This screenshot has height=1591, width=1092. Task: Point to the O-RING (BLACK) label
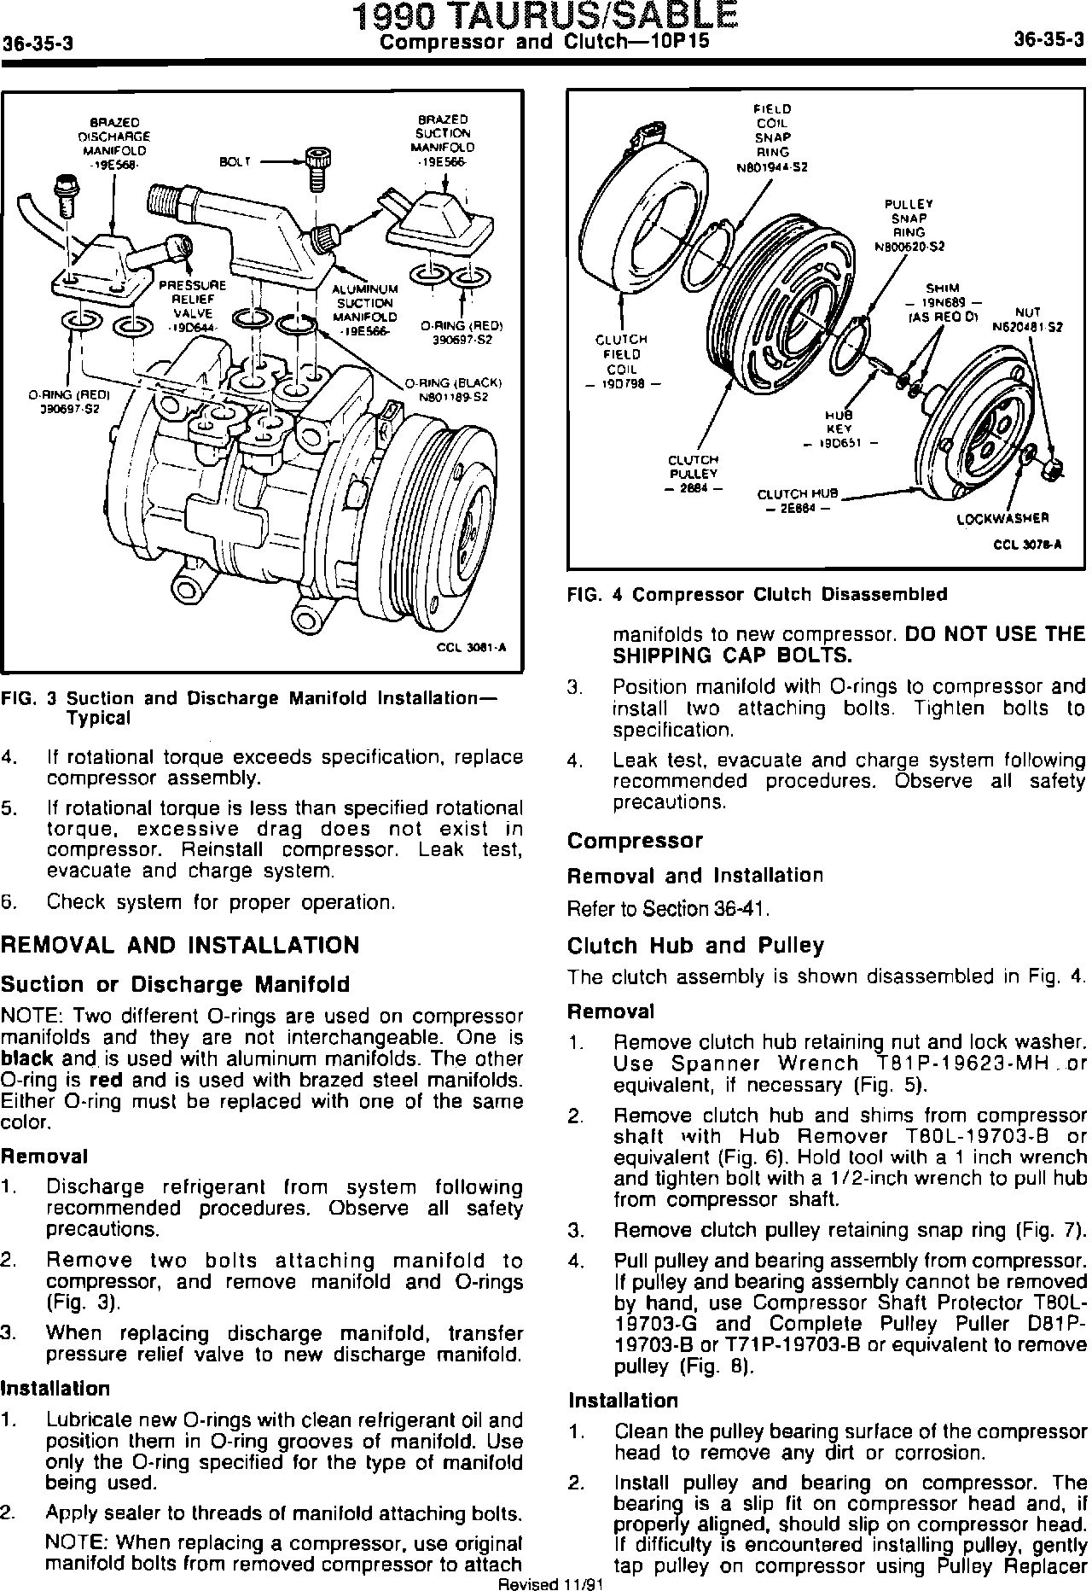click(x=452, y=389)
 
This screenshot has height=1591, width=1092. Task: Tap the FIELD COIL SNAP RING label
click(x=772, y=137)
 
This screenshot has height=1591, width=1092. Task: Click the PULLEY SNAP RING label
click(x=909, y=225)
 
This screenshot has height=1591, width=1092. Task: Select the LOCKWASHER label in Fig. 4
click(x=1002, y=518)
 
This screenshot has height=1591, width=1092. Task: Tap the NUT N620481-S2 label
click(x=1027, y=318)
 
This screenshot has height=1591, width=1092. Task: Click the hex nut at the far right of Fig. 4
click(x=1054, y=469)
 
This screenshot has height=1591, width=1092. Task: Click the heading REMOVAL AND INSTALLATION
click(x=180, y=945)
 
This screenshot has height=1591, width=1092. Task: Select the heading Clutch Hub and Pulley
click(x=696, y=945)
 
